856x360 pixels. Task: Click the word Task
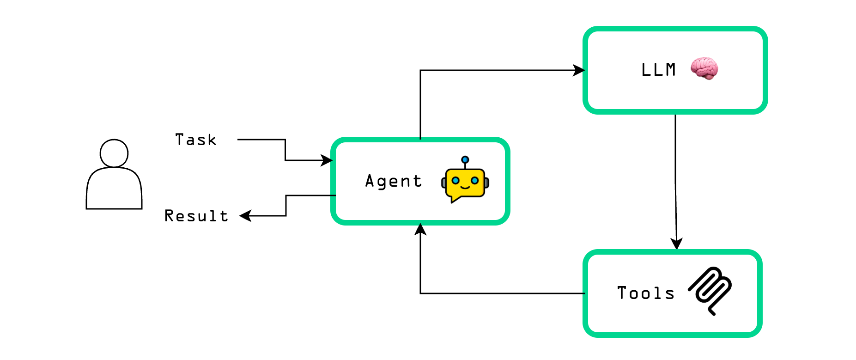click(196, 140)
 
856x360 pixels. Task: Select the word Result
click(196, 216)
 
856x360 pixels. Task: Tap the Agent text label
click(394, 181)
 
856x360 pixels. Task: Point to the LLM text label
click(659, 70)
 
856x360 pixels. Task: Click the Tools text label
click(646, 293)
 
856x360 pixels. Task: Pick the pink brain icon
click(704, 68)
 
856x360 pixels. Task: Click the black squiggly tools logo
click(710, 290)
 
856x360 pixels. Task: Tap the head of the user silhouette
click(114, 153)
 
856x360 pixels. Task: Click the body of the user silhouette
click(114, 189)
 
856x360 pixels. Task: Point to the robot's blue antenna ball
click(465, 160)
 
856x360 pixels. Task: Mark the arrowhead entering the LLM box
click(579, 70)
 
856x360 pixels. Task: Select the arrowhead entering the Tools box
click(677, 244)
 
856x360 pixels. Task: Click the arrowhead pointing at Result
click(245, 216)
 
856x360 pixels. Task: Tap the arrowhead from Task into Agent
click(327, 160)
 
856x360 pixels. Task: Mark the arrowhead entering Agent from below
click(420, 229)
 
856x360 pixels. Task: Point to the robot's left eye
click(455, 180)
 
